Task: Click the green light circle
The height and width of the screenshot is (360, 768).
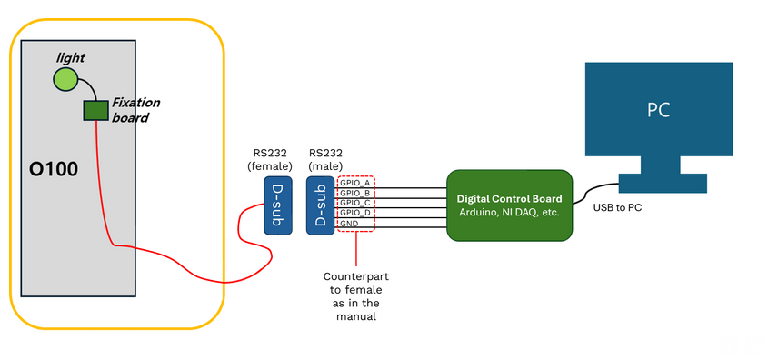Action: pyautogui.click(x=65, y=80)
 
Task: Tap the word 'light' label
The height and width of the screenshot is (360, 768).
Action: pyautogui.click(x=70, y=58)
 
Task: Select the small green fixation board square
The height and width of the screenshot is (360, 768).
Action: pyautogui.click(x=95, y=110)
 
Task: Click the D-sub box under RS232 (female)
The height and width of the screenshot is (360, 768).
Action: pyautogui.click(x=278, y=206)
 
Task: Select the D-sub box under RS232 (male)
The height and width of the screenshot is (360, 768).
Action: pyautogui.click(x=319, y=206)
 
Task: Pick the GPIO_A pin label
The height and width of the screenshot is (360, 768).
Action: pyautogui.click(x=354, y=183)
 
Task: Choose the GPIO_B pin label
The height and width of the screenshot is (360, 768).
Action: pyautogui.click(x=354, y=193)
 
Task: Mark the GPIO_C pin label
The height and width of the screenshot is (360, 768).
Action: pyautogui.click(x=354, y=203)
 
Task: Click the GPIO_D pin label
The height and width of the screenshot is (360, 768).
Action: pyautogui.click(x=354, y=213)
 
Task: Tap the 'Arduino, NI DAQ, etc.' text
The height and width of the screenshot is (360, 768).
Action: pyautogui.click(x=510, y=212)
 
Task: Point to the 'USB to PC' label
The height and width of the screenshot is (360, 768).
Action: pyautogui.click(x=618, y=208)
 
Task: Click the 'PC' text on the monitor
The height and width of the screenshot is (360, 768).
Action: pyautogui.click(x=659, y=111)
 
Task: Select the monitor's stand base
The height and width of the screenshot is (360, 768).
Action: pyautogui.click(x=661, y=184)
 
